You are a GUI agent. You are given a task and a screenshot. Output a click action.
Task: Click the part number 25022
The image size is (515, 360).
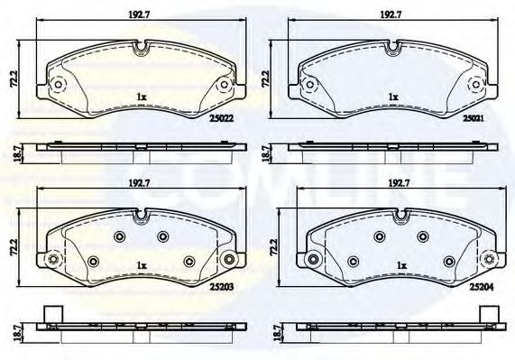[225, 116]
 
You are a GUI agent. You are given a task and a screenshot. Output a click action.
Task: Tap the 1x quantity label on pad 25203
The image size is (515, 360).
[140, 265]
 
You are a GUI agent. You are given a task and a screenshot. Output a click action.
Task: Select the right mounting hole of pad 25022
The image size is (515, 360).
[225, 85]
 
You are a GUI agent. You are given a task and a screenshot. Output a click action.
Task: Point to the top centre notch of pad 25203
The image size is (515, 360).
[140, 217]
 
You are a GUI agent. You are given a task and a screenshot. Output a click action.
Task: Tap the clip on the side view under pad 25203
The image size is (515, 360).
[51, 316]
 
